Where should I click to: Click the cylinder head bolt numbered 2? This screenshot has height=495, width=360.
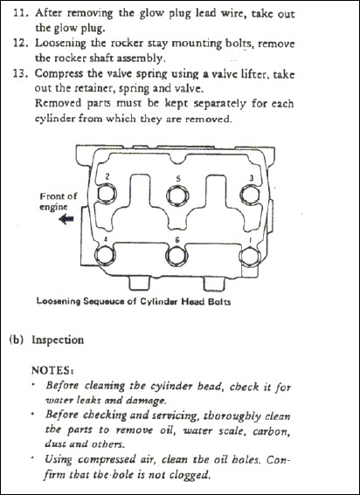coord(107,193)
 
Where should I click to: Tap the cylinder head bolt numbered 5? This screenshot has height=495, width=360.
coord(177,196)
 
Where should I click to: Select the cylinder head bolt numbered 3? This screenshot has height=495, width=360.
coord(250,194)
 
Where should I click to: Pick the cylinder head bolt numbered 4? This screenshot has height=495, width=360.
coord(105,255)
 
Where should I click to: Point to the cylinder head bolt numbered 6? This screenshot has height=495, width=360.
coord(177,256)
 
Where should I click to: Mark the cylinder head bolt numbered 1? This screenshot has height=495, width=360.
coord(250,257)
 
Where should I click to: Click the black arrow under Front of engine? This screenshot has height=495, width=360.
coord(66,218)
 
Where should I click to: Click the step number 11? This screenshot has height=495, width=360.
coord(22,13)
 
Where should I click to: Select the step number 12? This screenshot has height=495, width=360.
coord(22,43)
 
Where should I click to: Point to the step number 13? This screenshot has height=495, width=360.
coord(22,73)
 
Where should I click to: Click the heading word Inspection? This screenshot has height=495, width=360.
coord(58,340)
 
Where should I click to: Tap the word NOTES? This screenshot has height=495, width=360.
coord(52,369)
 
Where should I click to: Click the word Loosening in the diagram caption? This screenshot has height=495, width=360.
coord(59,301)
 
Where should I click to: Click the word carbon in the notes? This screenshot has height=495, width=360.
coord(271,431)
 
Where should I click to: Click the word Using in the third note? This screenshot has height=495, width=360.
coord(59,459)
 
